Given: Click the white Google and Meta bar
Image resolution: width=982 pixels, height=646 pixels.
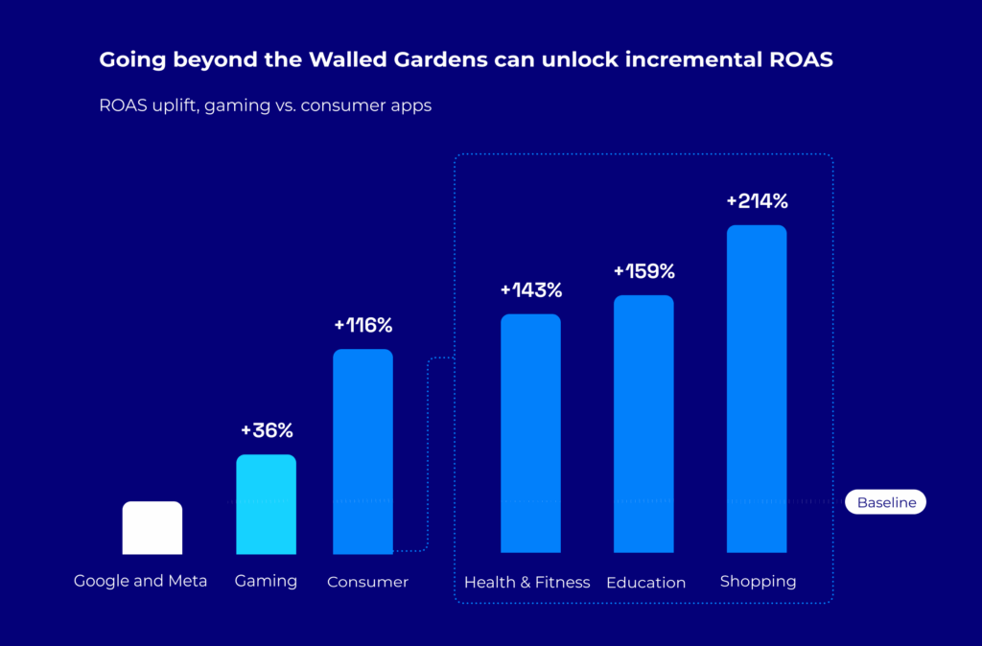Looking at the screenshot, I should [x=152, y=527].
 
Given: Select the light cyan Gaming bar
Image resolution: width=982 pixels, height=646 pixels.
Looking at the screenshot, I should [x=266, y=504].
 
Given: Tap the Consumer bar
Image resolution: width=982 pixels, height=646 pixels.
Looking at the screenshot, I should [x=362, y=451].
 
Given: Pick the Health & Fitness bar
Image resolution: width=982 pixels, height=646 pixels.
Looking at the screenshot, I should [x=530, y=433].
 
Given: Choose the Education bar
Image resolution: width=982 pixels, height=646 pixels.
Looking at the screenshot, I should [x=643, y=424].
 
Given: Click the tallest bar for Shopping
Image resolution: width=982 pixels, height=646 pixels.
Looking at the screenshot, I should [x=757, y=389].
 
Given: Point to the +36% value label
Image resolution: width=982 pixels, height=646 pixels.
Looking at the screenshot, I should [x=266, y=430].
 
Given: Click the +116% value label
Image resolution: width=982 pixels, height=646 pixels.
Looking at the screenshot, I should [x=362, y=325].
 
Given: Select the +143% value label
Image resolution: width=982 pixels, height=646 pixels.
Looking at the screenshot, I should [x=530, y=289].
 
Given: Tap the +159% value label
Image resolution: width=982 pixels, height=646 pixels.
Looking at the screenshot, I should [x=643, y=271].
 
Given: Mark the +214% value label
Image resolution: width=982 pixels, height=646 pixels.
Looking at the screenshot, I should [x=757, y=201].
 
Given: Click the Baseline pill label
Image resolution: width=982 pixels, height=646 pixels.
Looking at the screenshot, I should [x=885, y=502].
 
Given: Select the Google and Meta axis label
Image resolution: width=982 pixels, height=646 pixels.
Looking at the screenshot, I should [x=141, y=581].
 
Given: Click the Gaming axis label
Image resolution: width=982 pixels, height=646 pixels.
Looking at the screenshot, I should [x=266, y=581].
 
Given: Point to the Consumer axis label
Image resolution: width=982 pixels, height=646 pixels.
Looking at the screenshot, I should [x=367, y=582].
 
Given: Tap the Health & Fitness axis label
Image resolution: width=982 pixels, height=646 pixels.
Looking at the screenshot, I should [x=526, y=582].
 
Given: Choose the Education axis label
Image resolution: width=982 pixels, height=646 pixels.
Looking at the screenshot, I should [x=645, y=583].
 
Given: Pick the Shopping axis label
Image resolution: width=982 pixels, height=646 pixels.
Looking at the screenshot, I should [x=758, y=581].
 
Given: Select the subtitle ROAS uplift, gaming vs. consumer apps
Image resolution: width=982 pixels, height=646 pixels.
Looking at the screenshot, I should [x=265, y=105].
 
